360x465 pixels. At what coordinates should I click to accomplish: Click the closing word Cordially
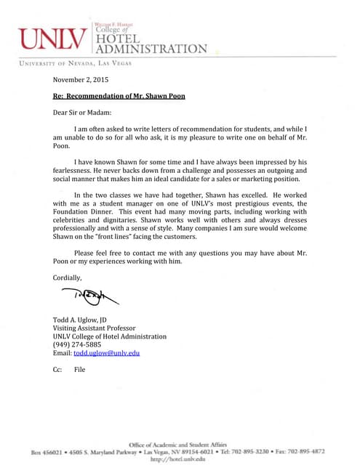tap(68, 278)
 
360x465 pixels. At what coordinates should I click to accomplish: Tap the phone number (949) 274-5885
tap(77, 344)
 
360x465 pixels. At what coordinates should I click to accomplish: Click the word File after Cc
tap(79, 369)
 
